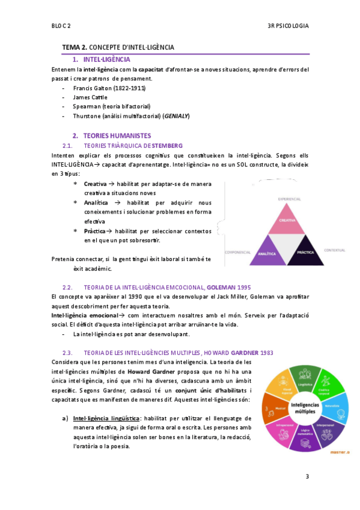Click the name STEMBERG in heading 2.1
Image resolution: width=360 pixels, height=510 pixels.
[x=167, y=146]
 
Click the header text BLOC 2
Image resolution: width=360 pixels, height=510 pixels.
[x=61, y=26]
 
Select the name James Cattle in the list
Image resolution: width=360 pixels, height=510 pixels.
[x=90, y=97]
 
